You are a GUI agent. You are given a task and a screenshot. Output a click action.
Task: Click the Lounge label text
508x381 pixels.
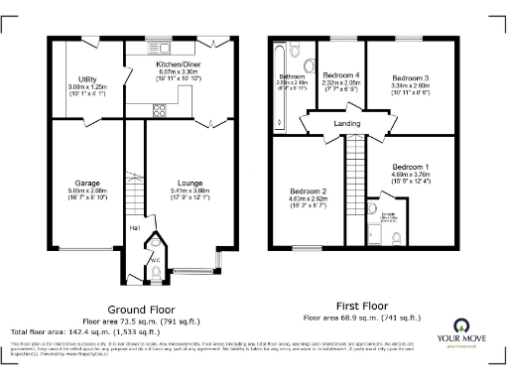(x=190, y=183)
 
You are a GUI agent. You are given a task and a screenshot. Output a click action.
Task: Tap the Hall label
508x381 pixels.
(x=134, y=230)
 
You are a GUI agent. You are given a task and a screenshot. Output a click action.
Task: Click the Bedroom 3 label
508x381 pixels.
(x=409, y=77)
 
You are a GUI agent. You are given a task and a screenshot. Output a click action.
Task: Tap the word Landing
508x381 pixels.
(x=347, y=124)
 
